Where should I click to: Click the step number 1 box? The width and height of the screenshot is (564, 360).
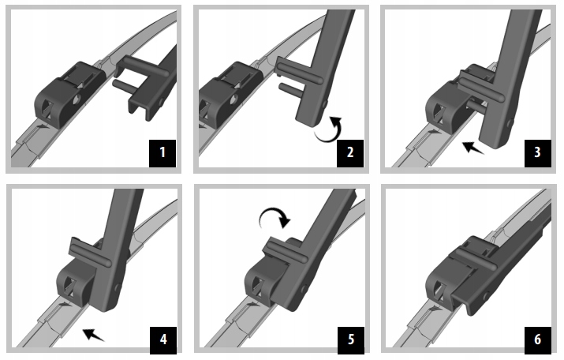coord(162,153)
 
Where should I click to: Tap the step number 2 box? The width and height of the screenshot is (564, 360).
coord(350,153)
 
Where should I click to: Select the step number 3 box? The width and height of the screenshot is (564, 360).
coord(538,153)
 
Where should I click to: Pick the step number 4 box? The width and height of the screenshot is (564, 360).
coord(163,340)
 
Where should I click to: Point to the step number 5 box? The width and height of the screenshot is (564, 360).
coord(351,340)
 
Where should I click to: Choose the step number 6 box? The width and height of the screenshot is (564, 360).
coord(538,340)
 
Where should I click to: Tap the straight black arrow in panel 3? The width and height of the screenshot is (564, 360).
coord(472,148)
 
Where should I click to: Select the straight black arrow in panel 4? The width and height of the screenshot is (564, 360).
coord(93,335)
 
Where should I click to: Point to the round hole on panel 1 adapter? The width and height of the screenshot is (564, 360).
coord(76,99)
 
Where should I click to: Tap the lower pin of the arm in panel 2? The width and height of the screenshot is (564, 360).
coord(290,89)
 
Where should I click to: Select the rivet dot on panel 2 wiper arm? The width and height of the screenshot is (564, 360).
coord(325,104)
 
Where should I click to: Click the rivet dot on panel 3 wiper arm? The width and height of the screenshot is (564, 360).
coord(510,123)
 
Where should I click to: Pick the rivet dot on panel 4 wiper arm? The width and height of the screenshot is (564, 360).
coord(117,287)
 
